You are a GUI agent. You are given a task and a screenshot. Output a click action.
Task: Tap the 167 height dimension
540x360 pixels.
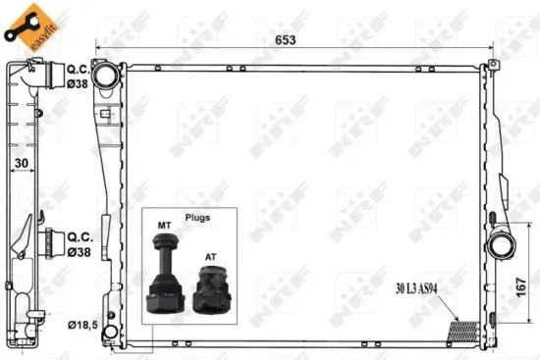pyautogui.click(x=521, y=285)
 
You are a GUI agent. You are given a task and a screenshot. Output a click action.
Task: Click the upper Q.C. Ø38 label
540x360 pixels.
pyautogui.click(x=80, y=77)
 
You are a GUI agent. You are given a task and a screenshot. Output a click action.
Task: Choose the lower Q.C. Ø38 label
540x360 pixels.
pyautogui.click(x=80, y=243)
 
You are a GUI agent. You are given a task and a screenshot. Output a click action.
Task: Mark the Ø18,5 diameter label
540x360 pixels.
pyautogui.click(x=82, y=324)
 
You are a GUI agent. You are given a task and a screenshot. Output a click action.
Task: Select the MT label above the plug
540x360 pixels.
pyautogui.click(x=164, y=228)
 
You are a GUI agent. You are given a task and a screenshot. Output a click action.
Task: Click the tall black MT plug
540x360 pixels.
pyautogui.click(x=164, y=280)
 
